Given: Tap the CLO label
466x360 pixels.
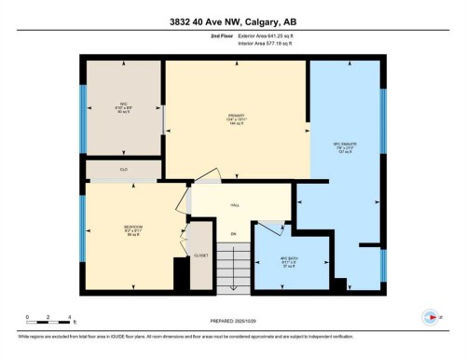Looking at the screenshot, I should point(123,170).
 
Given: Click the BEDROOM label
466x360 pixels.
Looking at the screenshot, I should point(132,228).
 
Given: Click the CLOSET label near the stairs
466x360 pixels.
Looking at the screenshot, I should point(200,253).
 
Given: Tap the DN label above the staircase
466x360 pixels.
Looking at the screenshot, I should point(235,233).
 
